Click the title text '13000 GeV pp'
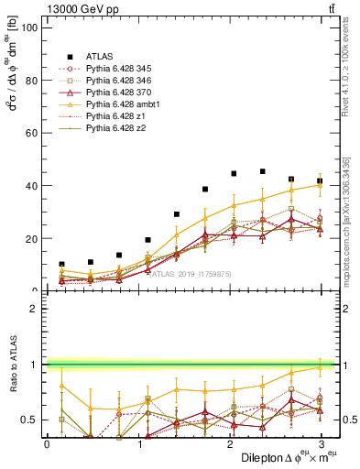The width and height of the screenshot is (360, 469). (75, 8)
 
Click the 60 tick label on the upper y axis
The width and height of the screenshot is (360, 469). (30, 133)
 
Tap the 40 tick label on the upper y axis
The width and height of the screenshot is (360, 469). (30, 186)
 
